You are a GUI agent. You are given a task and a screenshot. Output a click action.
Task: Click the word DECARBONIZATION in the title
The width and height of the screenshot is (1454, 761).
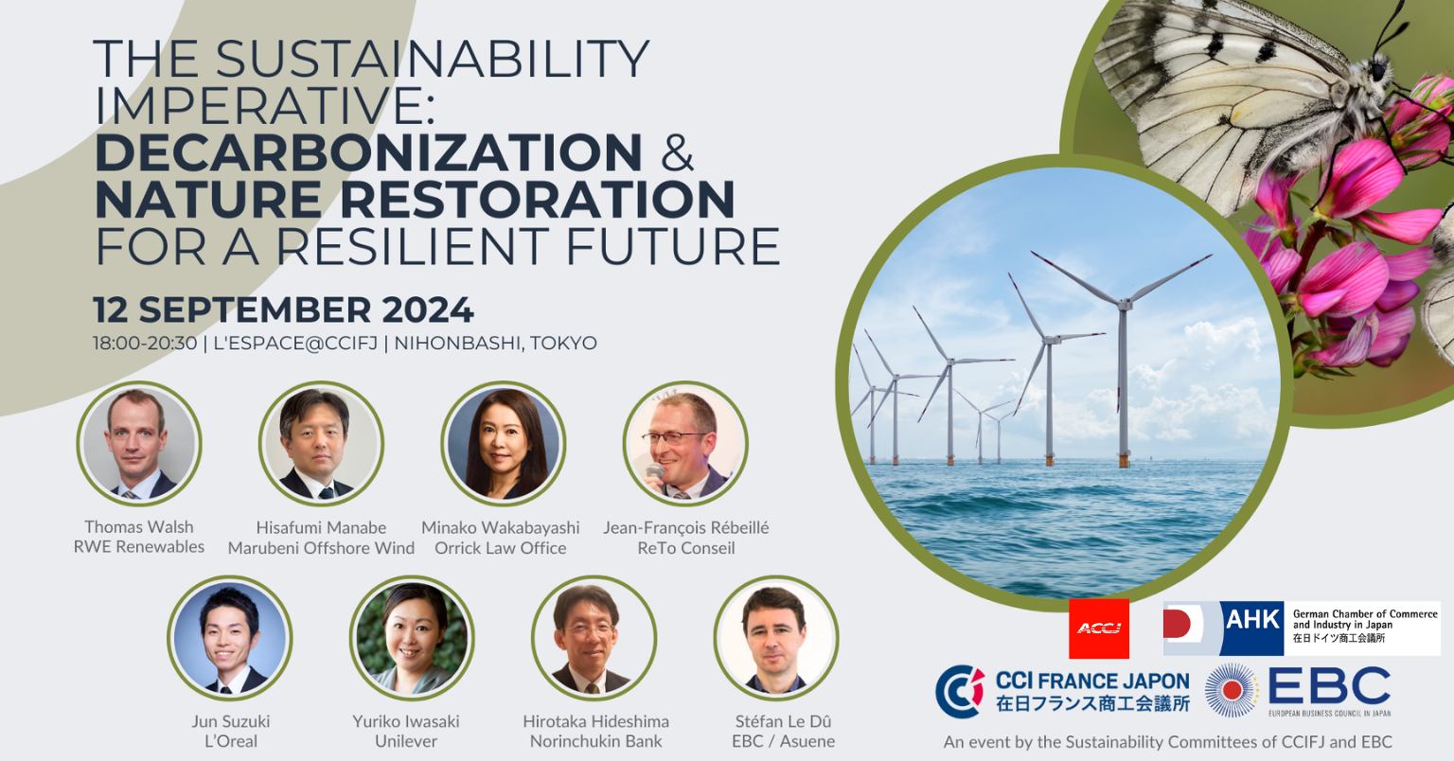[x=368, y=152]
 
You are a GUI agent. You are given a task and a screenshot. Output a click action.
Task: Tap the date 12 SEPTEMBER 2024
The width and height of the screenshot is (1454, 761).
[x=283, y=310]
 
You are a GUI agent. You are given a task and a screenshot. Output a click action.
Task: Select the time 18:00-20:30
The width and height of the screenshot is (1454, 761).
[x=145, y=343]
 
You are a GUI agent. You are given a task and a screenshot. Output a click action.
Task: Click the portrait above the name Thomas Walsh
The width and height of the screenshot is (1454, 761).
[x=139, y=444]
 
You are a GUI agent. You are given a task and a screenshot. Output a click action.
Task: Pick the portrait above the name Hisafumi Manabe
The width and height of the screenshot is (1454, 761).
[x=321, y=444]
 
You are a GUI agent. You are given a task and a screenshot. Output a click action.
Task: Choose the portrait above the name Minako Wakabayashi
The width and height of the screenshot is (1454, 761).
[x=503, y=444]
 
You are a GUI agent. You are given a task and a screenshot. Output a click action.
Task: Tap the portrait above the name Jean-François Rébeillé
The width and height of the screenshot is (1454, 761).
[x=685, y=444]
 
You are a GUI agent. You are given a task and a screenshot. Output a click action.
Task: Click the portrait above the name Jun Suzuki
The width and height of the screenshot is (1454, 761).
[x=230, y=638]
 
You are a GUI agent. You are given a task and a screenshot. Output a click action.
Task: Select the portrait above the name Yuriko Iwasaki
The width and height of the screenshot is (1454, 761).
[x=412, y=638]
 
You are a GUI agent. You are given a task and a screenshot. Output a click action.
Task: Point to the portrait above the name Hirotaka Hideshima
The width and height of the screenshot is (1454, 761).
[x=594, y=638]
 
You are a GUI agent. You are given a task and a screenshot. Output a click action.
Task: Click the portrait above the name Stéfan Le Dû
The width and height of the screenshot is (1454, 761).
[x=776, y=638]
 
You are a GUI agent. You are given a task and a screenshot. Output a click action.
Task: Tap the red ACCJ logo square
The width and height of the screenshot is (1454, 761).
[x=1099, y=628]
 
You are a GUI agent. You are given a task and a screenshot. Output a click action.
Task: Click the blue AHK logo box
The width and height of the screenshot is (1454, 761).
[x=1252, y=628]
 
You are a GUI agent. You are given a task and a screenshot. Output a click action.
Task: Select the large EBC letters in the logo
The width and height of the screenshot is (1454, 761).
[x=1329, y=685]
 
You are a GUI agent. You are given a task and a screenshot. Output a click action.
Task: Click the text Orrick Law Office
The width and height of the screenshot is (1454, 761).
[x=501, y=548]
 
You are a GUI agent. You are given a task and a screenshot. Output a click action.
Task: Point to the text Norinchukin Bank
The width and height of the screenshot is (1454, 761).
[x=595, y=741]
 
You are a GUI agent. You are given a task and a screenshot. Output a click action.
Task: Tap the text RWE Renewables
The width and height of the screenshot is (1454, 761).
[x=139, y=547]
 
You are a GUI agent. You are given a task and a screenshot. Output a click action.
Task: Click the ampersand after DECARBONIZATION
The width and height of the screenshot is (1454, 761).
[x=678, y=152]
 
